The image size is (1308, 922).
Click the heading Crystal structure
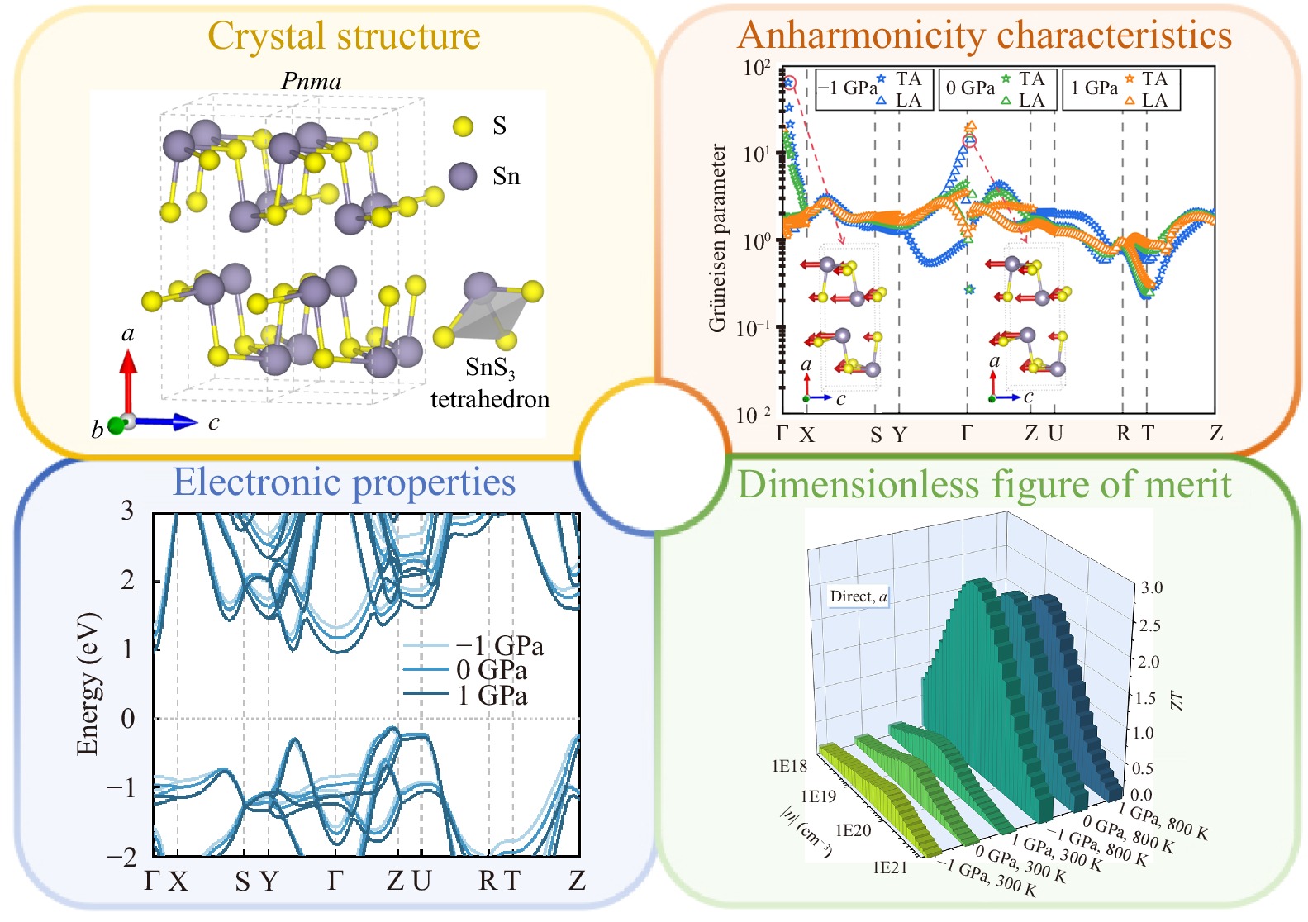[344, 36]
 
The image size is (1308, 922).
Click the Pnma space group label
[312, 81]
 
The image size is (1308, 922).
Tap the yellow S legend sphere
[463, 126]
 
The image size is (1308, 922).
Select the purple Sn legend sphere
[463, 176]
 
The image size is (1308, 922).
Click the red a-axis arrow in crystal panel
[127, 380]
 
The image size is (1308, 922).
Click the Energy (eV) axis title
[87, 684]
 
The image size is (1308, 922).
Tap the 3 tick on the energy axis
[127, 511]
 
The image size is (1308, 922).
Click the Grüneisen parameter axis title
[717, 238]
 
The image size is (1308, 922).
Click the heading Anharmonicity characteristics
[984, 35]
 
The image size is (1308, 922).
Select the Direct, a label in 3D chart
[859, 596]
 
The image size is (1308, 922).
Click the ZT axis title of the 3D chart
[1177, 701]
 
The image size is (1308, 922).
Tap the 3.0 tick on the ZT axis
[1152, 588]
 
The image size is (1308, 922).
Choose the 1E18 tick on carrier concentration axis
[789, 766]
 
